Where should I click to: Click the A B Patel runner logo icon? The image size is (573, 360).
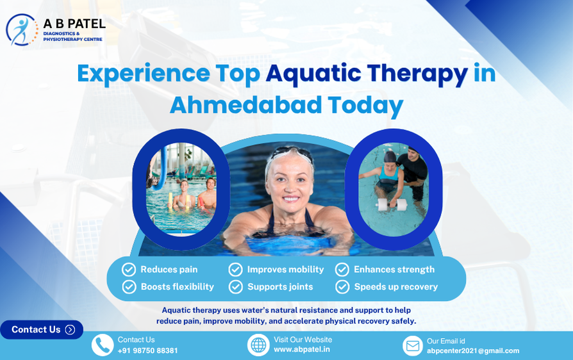coord(22,29)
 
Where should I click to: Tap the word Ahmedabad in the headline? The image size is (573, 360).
coord(246,105)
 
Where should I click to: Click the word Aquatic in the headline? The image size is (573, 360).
coord(313,74)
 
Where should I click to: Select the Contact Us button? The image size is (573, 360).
coord(42,329)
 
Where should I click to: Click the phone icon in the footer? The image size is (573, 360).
coord(103,345)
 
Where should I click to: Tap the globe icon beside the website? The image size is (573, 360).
coord(258,345)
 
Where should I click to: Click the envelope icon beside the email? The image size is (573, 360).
coord(413,345)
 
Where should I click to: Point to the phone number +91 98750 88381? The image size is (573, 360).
coord(147,350)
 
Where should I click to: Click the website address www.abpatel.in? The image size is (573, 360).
coord(302,349)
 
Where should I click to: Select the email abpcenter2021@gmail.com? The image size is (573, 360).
coord(473,350)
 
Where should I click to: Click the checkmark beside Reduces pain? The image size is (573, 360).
coord(129,270)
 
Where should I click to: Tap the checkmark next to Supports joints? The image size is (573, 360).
coord(236,287)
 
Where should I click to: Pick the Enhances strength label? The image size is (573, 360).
coord(394,270)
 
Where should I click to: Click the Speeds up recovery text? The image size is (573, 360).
coord(395,287)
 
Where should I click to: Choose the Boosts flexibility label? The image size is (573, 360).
coord(178,287)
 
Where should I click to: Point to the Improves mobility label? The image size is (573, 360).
coord(285,270)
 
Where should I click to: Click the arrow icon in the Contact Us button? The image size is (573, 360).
coord(70,330)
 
